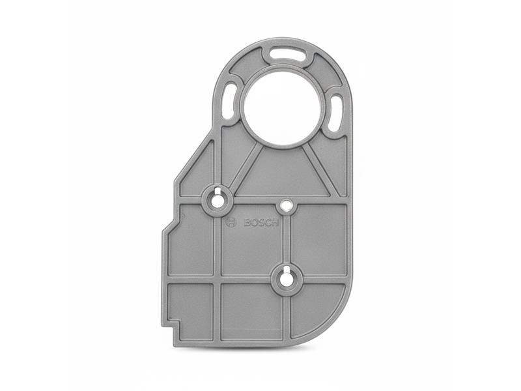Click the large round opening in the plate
(x=281, y=108)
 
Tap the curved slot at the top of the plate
(x=288, y=54)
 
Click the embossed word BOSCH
(x=261, y=222)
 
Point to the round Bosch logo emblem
(x=231, y=222)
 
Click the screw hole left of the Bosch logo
(x=217, y=199)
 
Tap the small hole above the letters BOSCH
(x=285, y=206)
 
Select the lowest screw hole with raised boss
(x=285, y=280)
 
